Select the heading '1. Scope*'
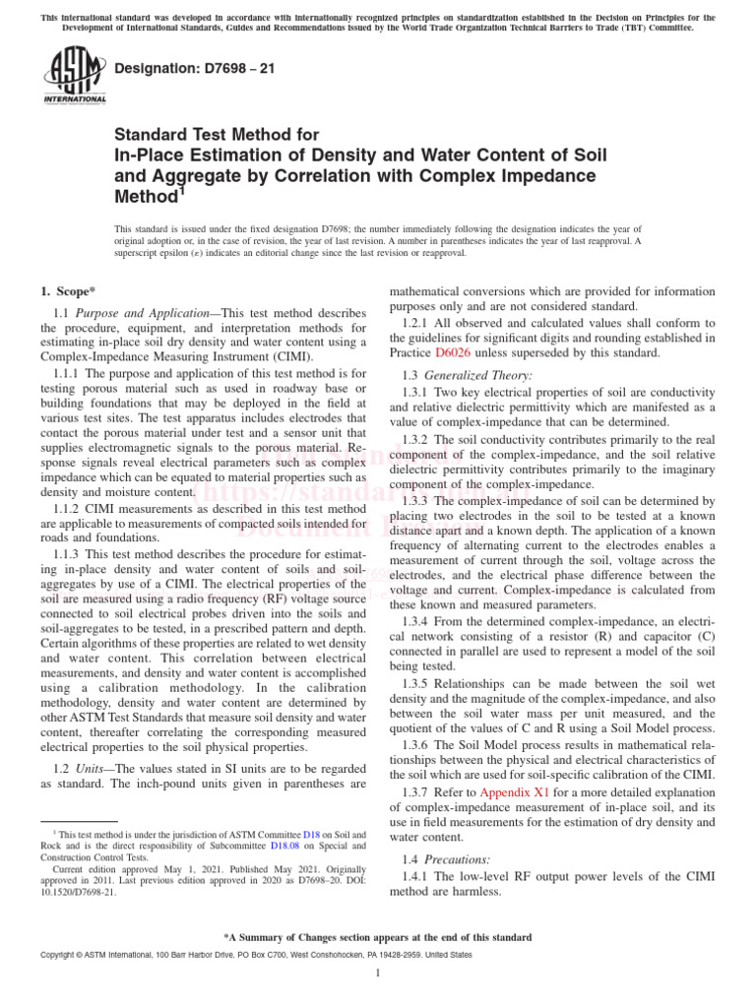click(x=67, y=290)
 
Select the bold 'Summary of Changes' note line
click(x=378, y=937)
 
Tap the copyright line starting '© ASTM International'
click(x=240, y=955)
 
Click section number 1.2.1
click(x=419, y=323)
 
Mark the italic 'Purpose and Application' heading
click(x=144, y=312)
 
